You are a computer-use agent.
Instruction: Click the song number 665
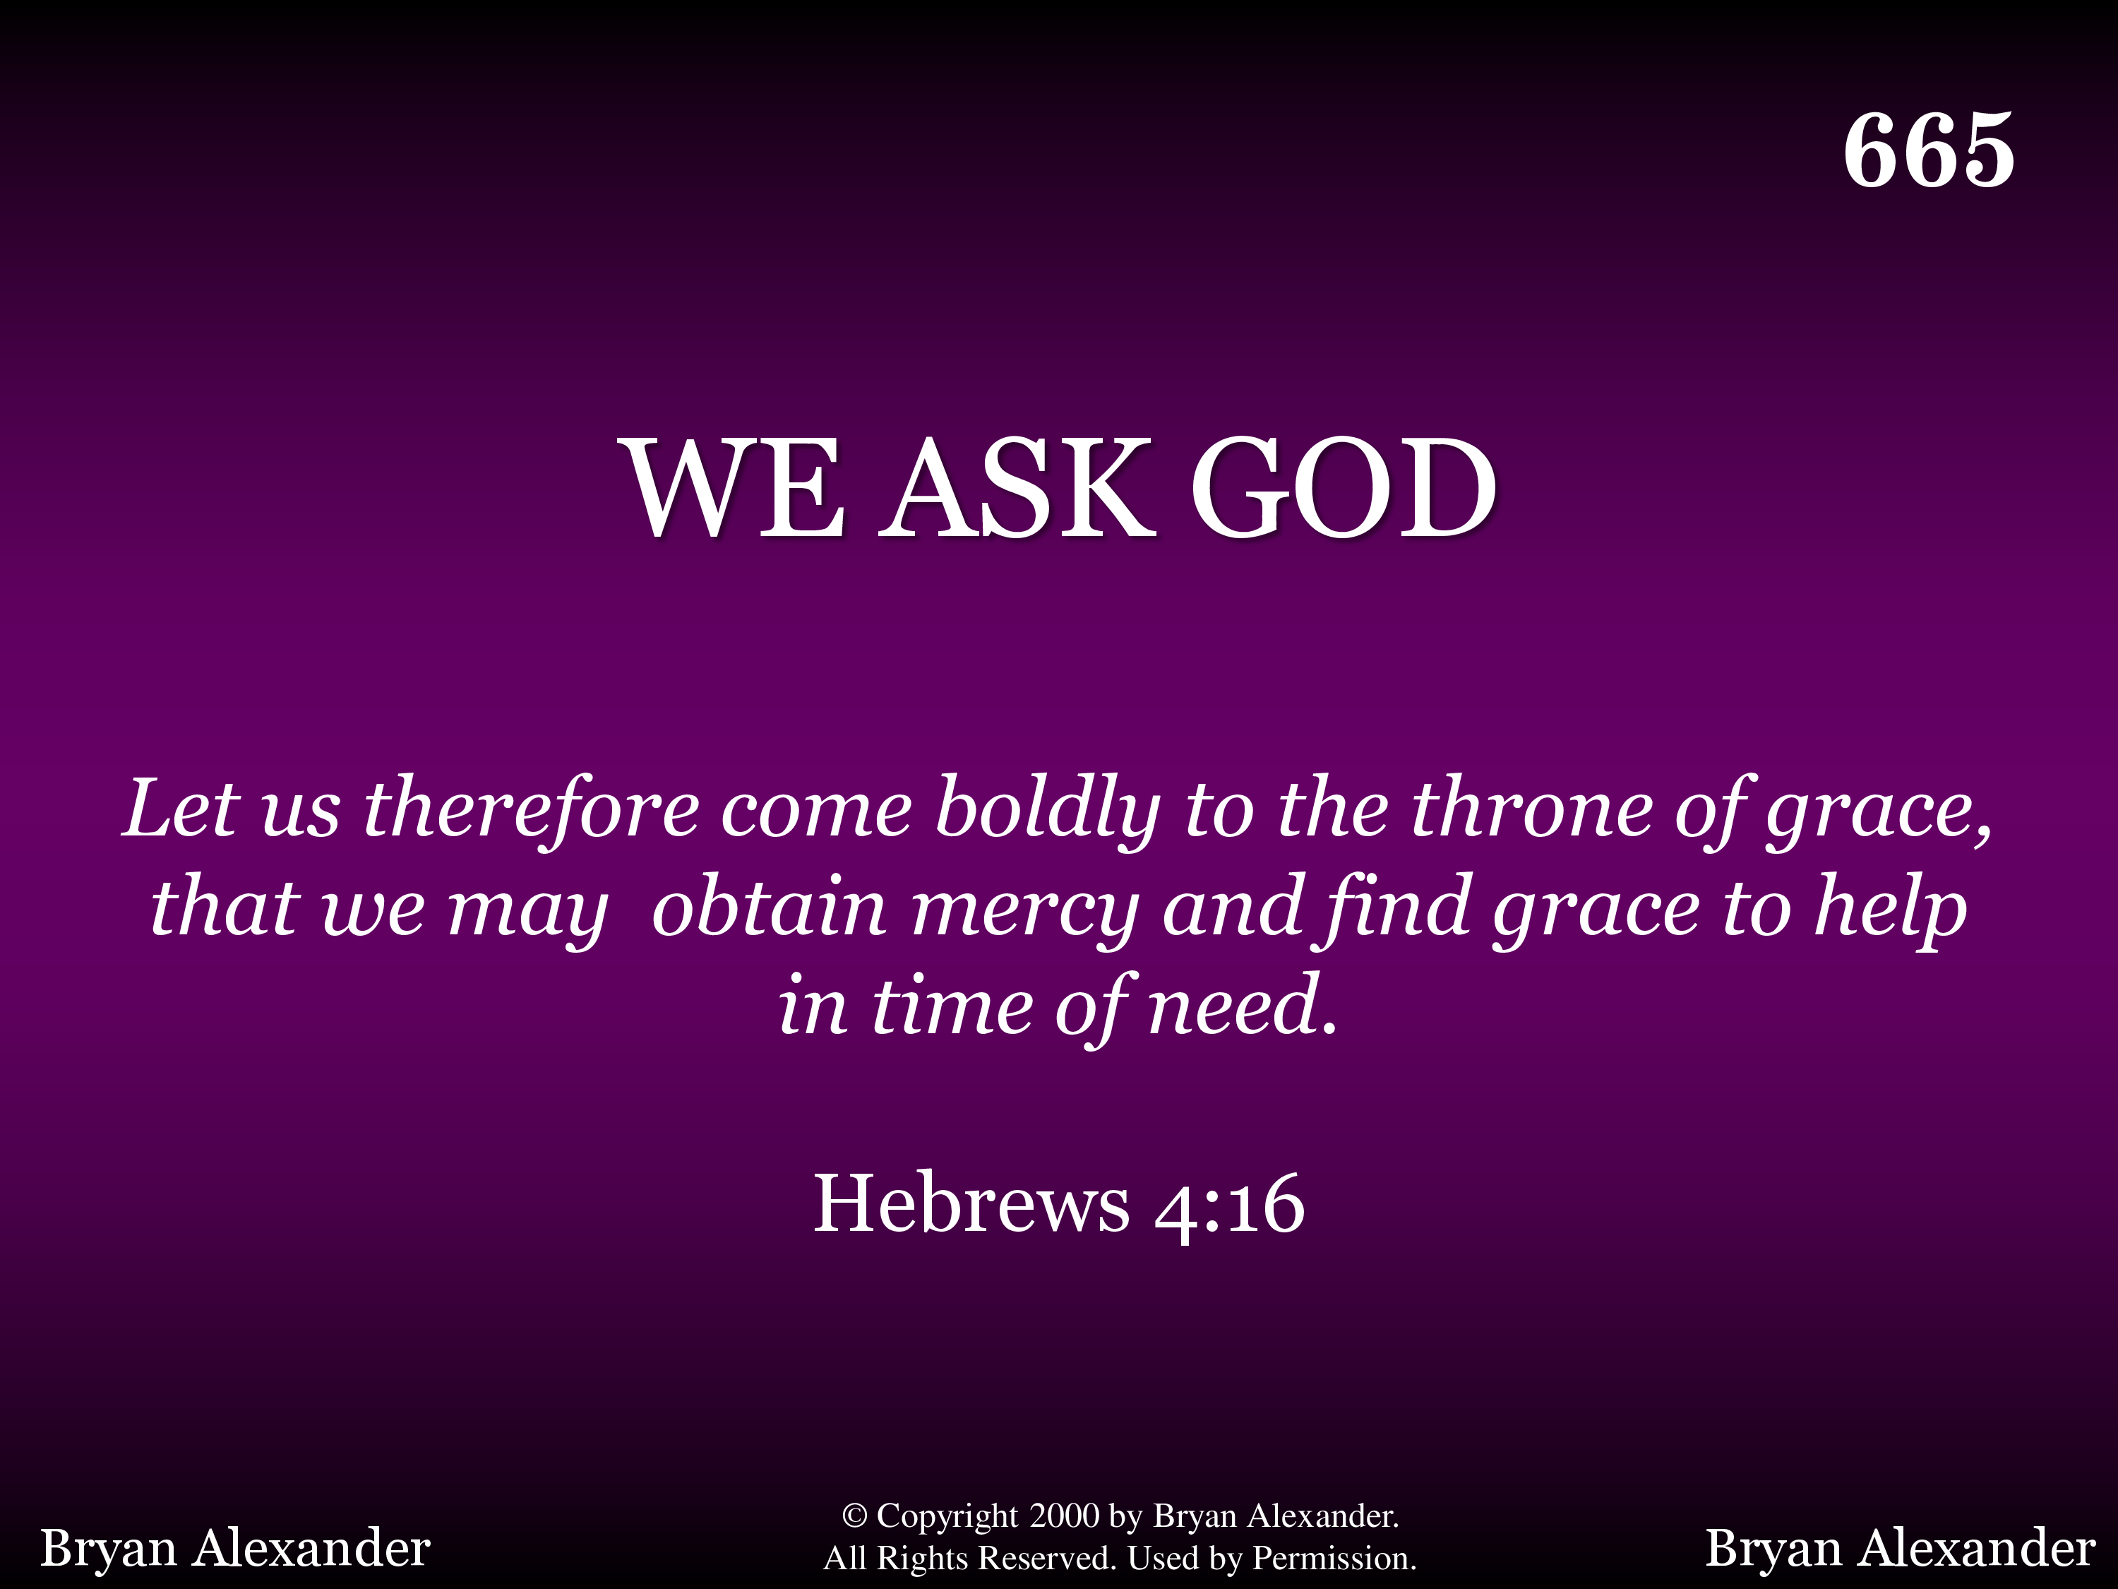[1928, 150]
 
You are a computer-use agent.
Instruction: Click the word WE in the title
[736, 489]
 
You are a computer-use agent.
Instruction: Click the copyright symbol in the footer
[854, 1516]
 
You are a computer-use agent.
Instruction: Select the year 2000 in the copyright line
[1064, 1516]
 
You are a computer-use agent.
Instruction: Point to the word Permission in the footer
[1333, 1559]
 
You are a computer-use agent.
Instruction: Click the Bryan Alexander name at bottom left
[234, 1549]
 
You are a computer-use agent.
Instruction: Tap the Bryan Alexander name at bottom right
[1901, 1549]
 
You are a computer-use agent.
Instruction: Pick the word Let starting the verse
[180, 810]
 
